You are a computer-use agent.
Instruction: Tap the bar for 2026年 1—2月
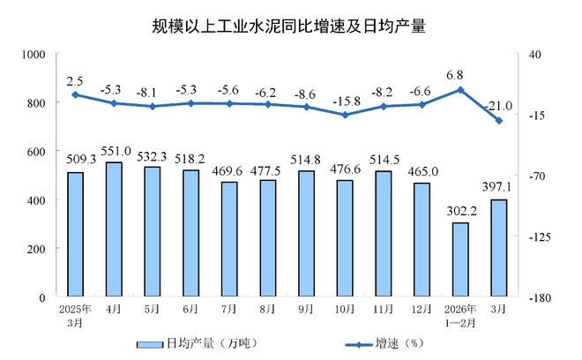459,259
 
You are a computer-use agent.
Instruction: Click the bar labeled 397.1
498,248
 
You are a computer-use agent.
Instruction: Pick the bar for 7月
229,239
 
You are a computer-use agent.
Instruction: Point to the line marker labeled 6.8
459,89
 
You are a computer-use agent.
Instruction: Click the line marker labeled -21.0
498,121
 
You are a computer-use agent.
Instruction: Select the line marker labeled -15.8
345,115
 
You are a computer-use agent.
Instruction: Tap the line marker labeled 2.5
75,94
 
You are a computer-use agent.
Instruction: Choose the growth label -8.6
306,93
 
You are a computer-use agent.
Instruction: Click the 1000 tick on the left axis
32,54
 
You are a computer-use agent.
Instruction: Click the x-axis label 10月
345,310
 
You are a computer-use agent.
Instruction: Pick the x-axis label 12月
422,310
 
